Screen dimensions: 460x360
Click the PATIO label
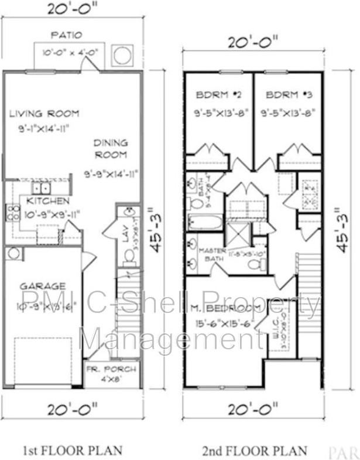[x=66, y=35]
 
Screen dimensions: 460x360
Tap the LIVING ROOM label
[x=44, y=114]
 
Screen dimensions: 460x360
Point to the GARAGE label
[x=42, y=286]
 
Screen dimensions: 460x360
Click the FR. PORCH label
[x=112, y=370]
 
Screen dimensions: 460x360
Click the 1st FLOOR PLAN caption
[x=73, y=450]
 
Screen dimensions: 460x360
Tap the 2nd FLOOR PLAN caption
[x=255, y=450]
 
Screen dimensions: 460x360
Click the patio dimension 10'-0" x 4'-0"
[x=69, y=53]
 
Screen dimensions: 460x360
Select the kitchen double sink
[x=41, y=188]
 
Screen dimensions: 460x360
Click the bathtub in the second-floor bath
[x=205, y=222]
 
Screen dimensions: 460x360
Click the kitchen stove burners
[x=12, y=212]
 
